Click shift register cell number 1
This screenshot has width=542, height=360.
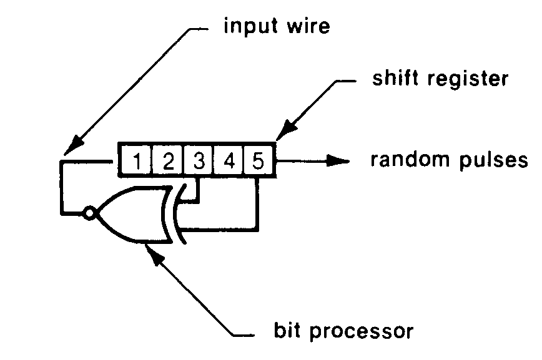[137, 162]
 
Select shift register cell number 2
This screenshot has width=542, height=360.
[167, 162]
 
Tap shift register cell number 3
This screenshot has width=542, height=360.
[198, 162]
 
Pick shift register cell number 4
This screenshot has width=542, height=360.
[229, 162]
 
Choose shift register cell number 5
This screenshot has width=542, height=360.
[258, 162]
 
